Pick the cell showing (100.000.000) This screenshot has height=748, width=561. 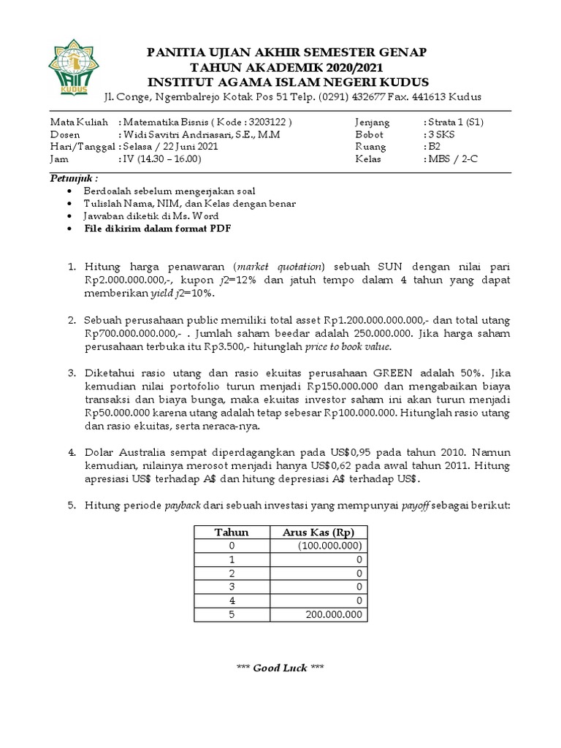[x=329, y=546]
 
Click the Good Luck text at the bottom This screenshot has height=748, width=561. [x=280, y=668]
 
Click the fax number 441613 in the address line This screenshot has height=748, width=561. [x=431, y=97]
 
